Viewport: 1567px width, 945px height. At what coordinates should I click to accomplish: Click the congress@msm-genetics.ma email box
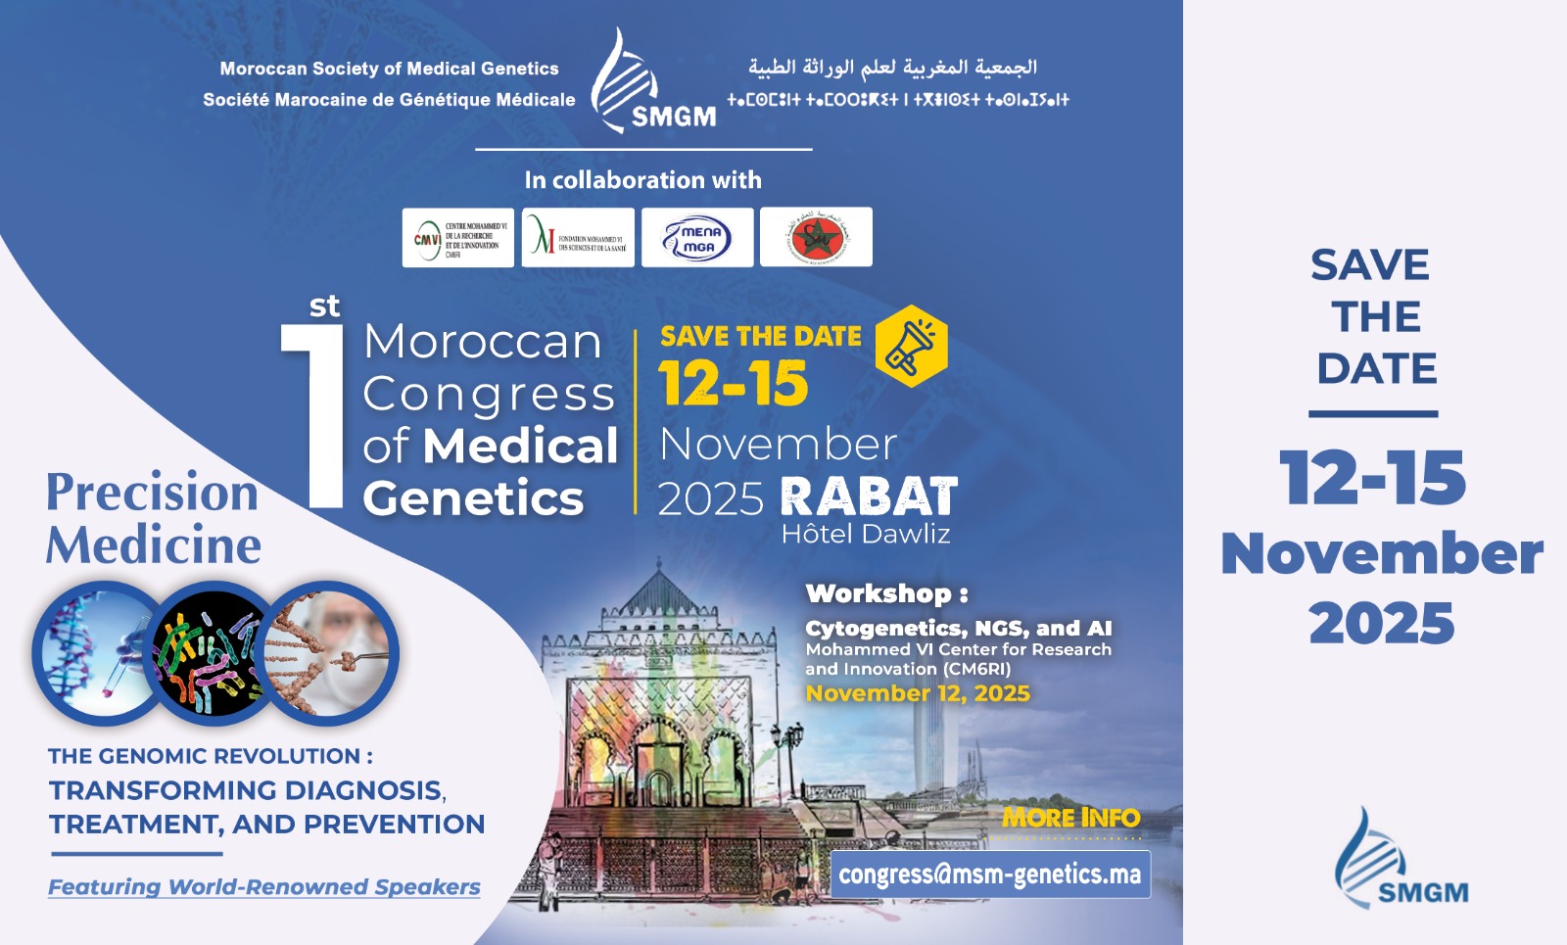coord(990,874)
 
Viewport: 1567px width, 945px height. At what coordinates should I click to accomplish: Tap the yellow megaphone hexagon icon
coord(911,347)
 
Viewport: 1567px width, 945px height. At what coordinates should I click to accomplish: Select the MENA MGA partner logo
coord(697,237)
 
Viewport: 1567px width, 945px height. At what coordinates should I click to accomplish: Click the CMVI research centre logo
coord(457,237)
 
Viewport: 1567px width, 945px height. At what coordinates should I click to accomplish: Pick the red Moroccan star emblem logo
coord(816,237)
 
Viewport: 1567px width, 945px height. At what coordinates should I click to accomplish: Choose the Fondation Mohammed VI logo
coord(578,237)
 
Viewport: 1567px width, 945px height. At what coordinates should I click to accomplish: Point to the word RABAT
coord(869,496)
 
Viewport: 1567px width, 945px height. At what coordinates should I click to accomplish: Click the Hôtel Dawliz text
coord(866,534)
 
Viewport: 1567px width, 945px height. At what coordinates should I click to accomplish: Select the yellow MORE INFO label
coord(1070,818)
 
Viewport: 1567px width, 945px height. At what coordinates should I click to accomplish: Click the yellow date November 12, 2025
coord(918,693)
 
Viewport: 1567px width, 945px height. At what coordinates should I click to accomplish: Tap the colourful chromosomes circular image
coord(214,653)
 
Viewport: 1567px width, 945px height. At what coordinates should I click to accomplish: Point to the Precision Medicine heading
coord(154,518)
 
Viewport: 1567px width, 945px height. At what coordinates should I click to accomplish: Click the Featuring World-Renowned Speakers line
coord(264,887)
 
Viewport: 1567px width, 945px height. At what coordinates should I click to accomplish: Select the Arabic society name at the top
coord(892,68)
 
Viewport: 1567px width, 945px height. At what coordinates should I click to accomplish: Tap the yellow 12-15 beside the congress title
coord(733,383)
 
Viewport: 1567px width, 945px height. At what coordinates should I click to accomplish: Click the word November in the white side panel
coord(1382,553)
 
